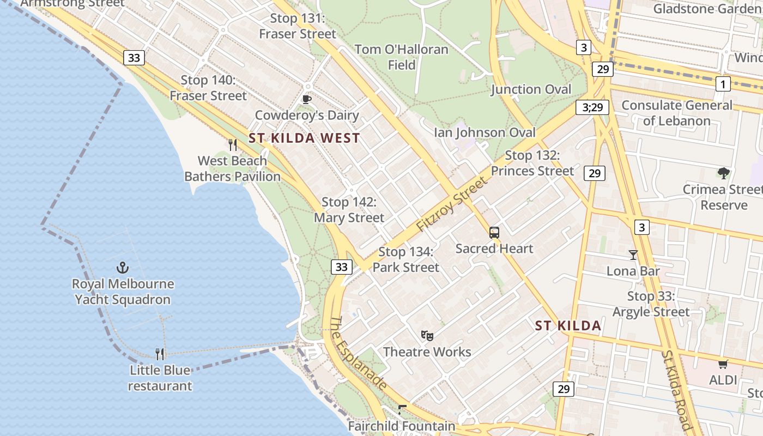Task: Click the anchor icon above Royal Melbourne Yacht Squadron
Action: click(x=123, y=268)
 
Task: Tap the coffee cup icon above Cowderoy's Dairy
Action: click(x=306, y=99)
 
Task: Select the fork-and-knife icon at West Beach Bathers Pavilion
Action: click(x=233, y=144)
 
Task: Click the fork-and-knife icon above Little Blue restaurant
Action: click(x=160, y=354)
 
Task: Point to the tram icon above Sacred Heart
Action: click(x=494, y=233)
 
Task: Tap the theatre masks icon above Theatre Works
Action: click(x=427, y=336)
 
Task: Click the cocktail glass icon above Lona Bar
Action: click(x=633, y=255)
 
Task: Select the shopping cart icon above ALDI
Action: click(x=723, y=364)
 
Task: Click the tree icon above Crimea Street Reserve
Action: click(x=723, y=173)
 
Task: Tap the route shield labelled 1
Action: click(x=723, y=84)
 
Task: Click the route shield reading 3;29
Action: click(x=592, y=107)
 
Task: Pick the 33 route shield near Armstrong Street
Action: click(x=134, y=58)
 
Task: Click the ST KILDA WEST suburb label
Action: click(x=304, y=138)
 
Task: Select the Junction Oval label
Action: click(x=531, y=89)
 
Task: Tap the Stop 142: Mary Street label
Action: click(x=349, y=210)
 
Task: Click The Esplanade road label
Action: click(x=359, y=353)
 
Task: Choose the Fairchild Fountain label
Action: click(x=401, y=426)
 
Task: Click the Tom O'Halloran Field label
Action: click(x=402, y=57)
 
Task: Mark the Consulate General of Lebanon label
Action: click(x=677, y=113)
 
